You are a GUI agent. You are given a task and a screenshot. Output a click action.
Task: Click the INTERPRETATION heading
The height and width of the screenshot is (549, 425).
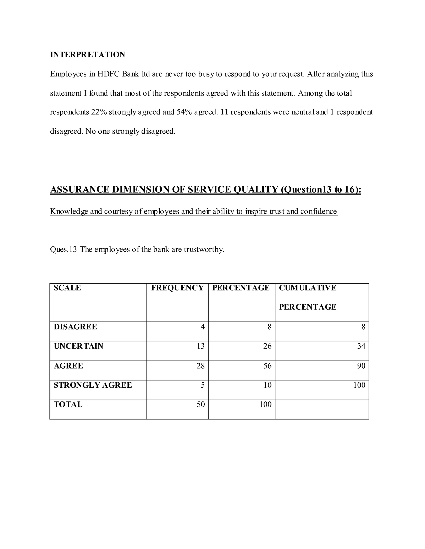87,54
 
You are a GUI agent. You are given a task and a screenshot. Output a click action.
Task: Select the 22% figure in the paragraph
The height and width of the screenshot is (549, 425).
99,112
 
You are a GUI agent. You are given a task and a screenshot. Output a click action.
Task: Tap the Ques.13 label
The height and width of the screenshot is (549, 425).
63,249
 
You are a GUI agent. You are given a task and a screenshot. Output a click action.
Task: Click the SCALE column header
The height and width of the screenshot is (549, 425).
67,288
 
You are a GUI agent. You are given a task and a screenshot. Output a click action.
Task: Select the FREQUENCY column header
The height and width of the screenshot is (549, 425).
177,288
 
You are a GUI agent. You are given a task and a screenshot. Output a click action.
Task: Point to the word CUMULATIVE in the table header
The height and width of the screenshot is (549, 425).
307,288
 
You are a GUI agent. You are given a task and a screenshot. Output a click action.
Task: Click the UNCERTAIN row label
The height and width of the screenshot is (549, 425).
79,346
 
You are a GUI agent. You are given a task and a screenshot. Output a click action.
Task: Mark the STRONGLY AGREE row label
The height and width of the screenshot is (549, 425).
93,385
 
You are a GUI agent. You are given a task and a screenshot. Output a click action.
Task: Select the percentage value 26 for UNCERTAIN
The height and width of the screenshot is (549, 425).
267,346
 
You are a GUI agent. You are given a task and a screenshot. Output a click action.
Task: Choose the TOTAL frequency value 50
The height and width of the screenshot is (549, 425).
201,404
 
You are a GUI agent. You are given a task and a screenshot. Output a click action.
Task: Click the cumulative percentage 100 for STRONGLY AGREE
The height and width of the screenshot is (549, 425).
359,385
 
